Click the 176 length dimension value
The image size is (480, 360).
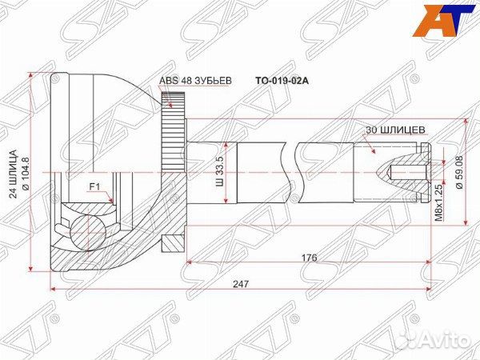click(x=310, y=258)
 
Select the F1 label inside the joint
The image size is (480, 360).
click(x=94, y=189)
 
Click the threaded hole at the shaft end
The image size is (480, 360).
click(x=400, y=171)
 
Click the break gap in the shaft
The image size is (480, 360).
click(x=290, y=171)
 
